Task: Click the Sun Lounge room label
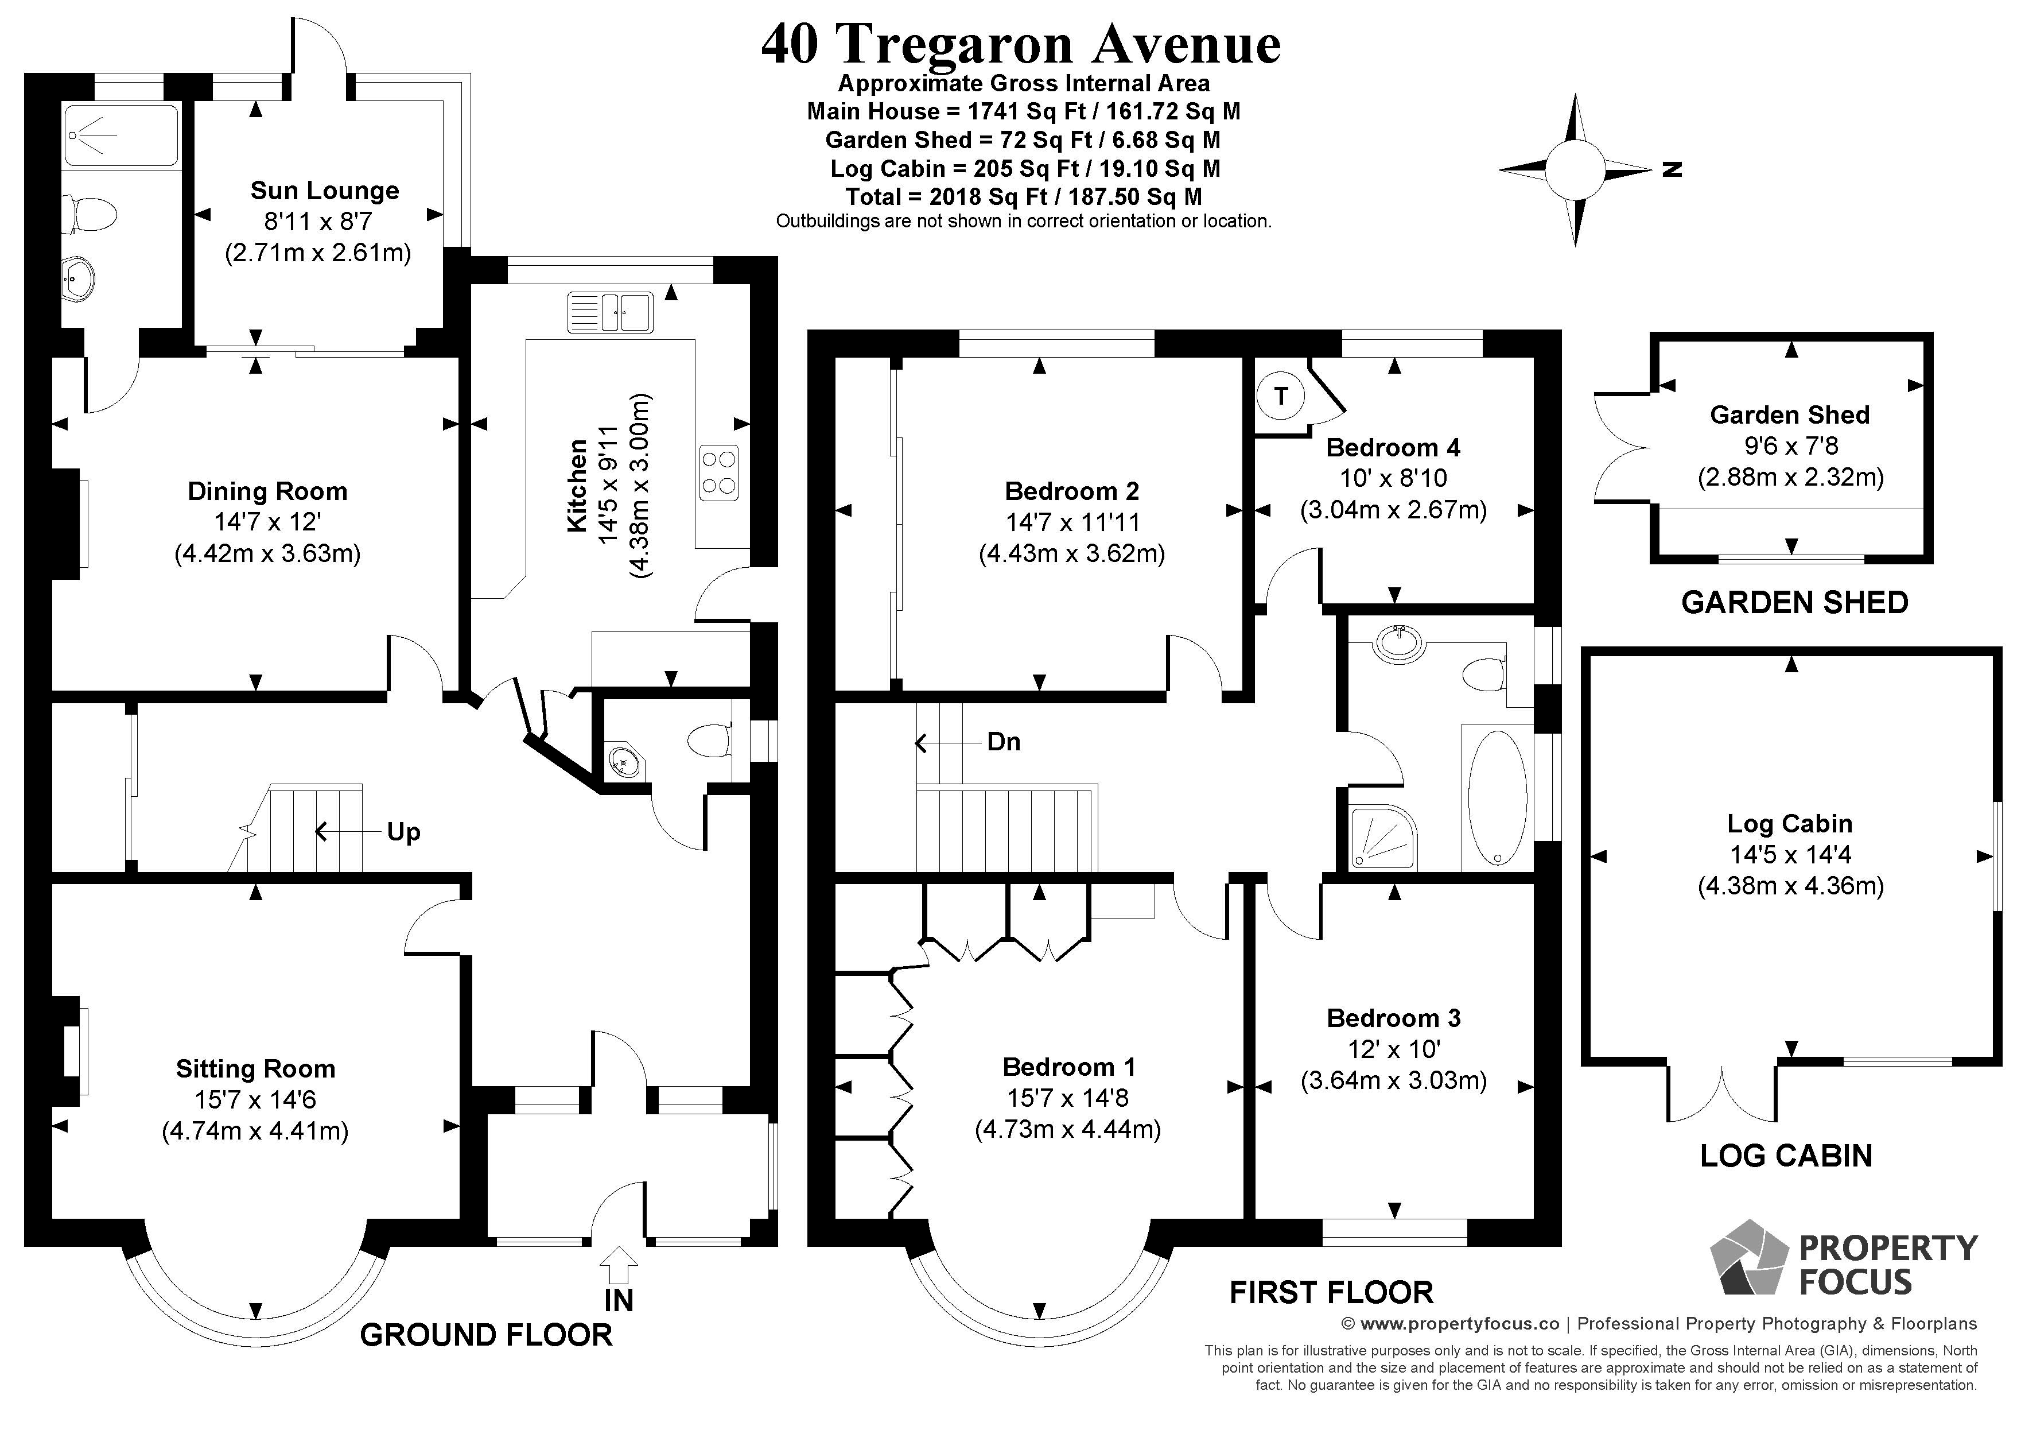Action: pyautogui.click(x=324, y=190)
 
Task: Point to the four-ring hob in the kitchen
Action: pyautogui.click(x=718, y=473)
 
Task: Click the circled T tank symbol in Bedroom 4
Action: pyautogui.click(x=1281, y=396)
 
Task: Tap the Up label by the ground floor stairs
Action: pyautogui.click(x=403, y=832)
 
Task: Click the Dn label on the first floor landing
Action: pyautogui.click(x=1004, y=742)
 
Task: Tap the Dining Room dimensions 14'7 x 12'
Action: pyautogui.click(x=267, y=522)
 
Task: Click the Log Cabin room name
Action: pyautogui.click(x=1790, y=823)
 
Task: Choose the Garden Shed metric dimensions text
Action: pyautogui.click(x=1790, y=477)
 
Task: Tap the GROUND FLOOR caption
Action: pyautogui.click(x=486, y=1335)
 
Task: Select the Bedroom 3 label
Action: pyautogui.click(x=1393, y=1018)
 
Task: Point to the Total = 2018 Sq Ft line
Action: pyautogui.click(x=1024, y=196)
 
